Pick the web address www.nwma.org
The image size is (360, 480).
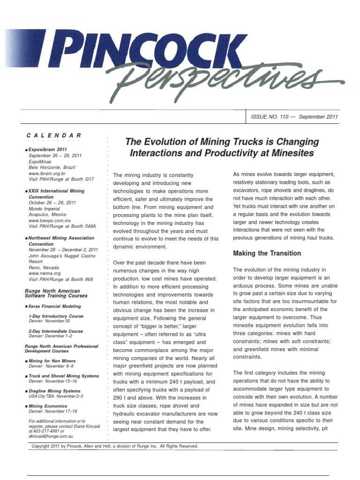(45, 273)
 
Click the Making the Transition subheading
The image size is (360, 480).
(267, 254)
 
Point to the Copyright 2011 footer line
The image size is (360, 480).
(115, 446)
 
